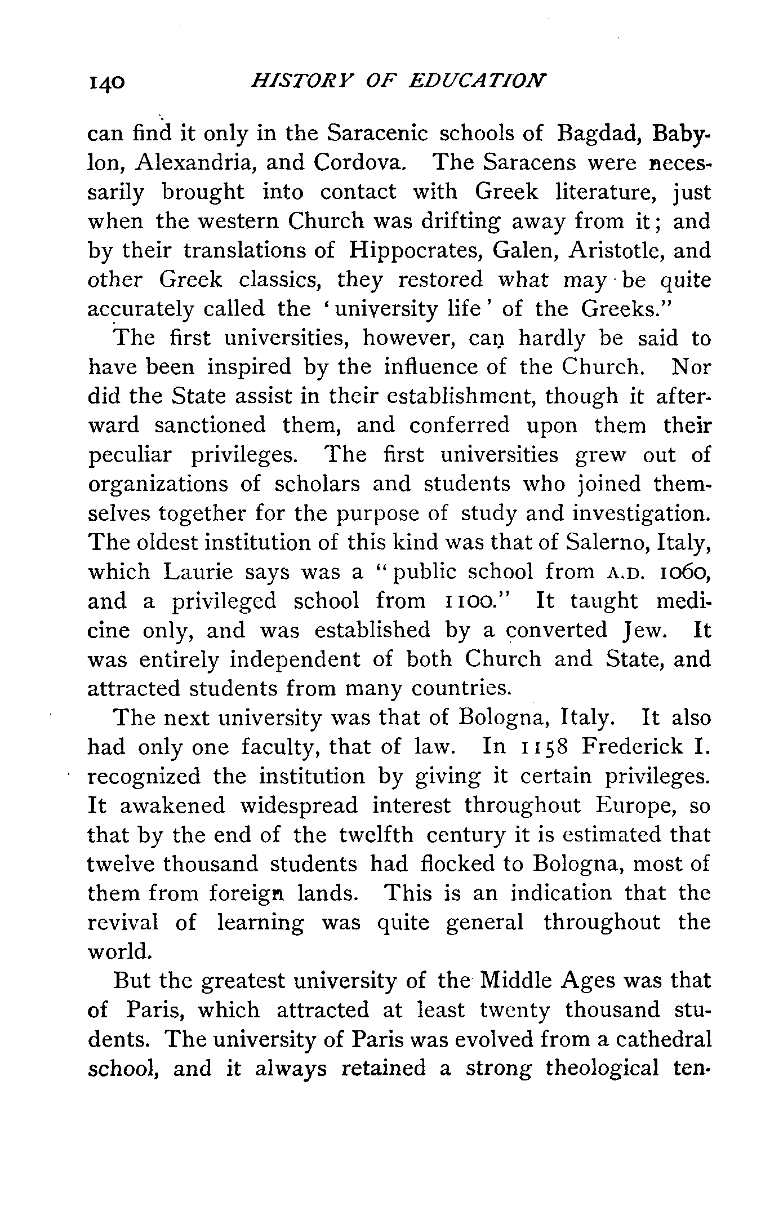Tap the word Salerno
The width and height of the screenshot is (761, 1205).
pos(606,543)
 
